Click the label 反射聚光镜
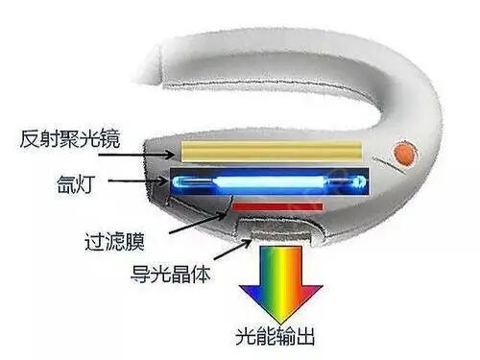69,139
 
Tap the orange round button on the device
406,152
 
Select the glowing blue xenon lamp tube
269,181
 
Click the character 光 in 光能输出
245,337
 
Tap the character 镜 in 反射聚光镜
112,139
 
